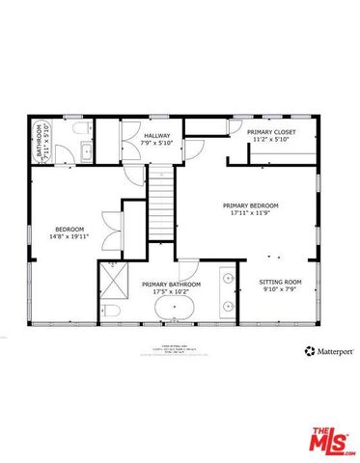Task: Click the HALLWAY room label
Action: (157, 136)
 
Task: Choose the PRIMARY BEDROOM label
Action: (250, 205)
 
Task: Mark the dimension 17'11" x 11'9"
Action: (250, 213)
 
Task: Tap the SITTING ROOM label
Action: (281, 283)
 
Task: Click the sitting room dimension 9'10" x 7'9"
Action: (281, 290)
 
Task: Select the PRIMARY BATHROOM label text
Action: (171, 285)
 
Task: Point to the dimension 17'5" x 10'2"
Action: (171, 292)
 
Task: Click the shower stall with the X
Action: (116, 282)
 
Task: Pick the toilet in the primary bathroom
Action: (113, 312)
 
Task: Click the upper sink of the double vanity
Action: (229, 279)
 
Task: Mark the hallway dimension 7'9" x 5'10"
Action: (157, 144)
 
